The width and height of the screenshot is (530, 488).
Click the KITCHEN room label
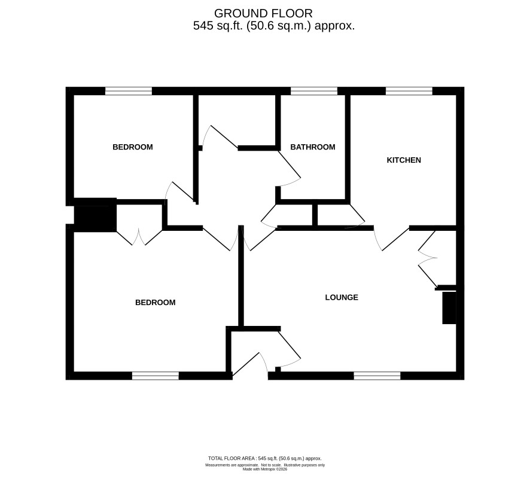point(404,160)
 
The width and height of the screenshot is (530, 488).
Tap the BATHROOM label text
point(313,147)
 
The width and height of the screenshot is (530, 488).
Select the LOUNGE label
point(342,297)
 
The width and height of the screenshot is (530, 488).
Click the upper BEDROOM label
point(133,147)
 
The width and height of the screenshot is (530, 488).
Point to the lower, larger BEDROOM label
point(155,303)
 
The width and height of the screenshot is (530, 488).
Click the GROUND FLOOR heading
point(263,13)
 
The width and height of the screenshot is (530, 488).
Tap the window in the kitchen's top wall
point(409,91)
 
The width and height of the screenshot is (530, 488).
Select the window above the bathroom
point(314,91)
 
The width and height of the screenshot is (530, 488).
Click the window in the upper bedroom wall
point(129,91)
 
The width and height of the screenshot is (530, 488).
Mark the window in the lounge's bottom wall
point(377,376)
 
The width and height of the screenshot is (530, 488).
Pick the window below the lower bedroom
point(155,376)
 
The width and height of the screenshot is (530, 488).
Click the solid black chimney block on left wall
point(95,215)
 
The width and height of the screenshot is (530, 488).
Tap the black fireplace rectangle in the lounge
point(449,307)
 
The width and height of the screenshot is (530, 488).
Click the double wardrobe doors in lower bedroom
point(139,237)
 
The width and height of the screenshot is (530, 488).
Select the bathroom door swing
point(289,169)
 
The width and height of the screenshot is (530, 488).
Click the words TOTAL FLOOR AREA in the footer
point(232,459)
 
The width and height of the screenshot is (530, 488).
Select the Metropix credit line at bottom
point(265,469)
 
